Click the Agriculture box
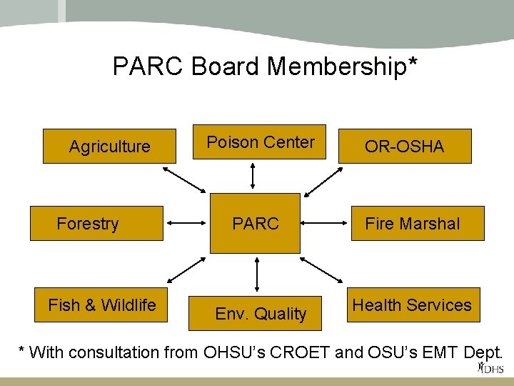(109, 147)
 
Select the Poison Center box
(260, 142)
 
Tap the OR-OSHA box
(405, 147)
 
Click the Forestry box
(96, 224)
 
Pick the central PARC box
(255, 224)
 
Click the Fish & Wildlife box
(101, 305)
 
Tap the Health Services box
(412, 305)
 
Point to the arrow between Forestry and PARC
(188, 223)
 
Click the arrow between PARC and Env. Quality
(256, 275)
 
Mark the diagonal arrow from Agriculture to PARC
(184, 179)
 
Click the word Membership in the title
(342, 66)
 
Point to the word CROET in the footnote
(293, 352)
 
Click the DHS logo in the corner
(491, 368)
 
